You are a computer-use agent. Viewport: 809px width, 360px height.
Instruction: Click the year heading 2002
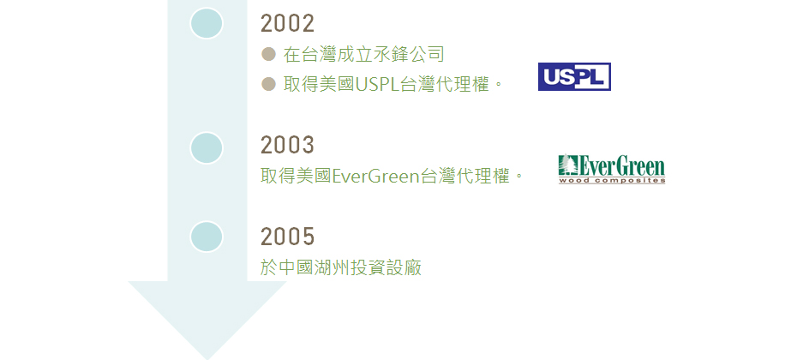287,24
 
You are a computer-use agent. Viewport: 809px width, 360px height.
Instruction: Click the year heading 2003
287,145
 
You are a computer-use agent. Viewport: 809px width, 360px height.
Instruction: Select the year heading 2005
287,237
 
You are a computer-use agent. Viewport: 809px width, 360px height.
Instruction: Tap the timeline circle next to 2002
207,23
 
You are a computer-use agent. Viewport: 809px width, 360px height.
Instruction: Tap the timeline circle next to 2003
207,148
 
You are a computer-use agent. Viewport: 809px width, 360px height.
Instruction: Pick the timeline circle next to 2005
207,237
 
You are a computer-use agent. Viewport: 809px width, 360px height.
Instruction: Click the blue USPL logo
574,77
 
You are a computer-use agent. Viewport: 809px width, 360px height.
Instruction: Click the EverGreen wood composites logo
612,169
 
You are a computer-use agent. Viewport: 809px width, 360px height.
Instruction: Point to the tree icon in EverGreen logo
566,165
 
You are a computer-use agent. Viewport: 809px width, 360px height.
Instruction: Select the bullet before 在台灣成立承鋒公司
268,54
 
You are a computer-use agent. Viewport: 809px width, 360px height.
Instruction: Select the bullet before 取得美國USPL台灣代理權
268,83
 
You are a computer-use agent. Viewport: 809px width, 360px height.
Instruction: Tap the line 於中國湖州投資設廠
341,267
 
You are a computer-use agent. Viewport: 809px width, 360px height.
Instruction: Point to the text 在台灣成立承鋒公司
363,54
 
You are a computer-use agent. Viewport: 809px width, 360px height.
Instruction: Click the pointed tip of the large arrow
207,359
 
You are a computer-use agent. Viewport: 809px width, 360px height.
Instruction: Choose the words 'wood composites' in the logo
612,181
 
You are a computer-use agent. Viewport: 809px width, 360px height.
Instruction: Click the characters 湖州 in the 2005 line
332,267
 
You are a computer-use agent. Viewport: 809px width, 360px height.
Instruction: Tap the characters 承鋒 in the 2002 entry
391,54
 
